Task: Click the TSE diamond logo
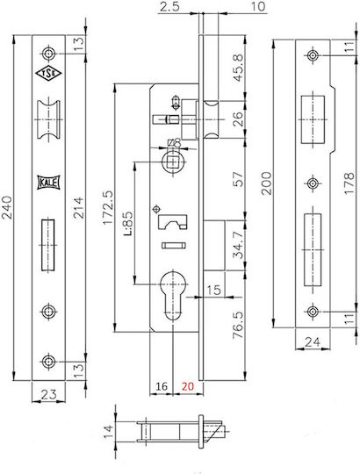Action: [48, 74]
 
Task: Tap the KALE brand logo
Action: [48, 183]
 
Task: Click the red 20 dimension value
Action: [187, 386]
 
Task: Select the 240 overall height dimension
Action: [7, 207]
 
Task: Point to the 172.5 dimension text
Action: [108, 207]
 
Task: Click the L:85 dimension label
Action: [127, 223]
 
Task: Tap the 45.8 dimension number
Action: [238, 68]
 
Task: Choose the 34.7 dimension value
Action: [238, 245]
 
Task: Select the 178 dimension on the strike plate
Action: [349, 183]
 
